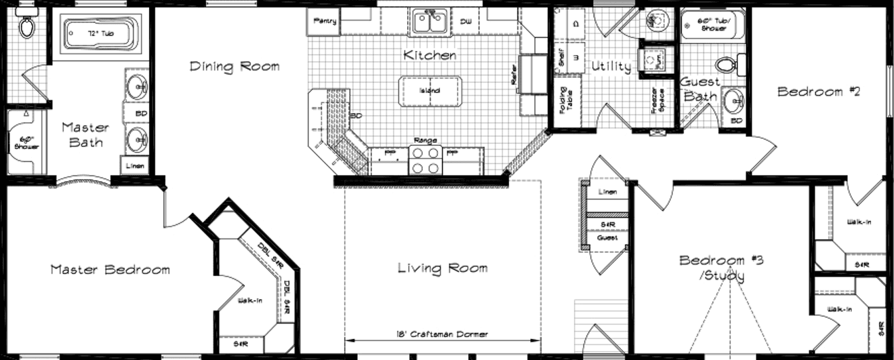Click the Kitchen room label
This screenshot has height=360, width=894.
tap(430, 55)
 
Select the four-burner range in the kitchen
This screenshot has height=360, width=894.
tap(425, 159)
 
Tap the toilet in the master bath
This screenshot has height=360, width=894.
tap(27, 26)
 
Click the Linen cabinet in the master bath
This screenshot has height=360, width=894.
tap(135, 165)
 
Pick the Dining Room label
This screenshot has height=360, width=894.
tap(234, 66)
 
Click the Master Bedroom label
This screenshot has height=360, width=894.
tap(110, 270)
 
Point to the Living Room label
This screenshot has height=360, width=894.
tap(442, 268)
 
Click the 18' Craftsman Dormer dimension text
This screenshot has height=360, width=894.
tap(442, 334)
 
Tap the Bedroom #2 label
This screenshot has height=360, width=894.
tap(818, 92)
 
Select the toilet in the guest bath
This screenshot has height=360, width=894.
tap(725, 65)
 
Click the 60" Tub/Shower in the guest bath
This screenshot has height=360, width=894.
tap(712, 26)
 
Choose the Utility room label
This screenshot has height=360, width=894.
tap(611, 66)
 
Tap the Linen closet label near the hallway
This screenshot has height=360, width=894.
tap(607, 192)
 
